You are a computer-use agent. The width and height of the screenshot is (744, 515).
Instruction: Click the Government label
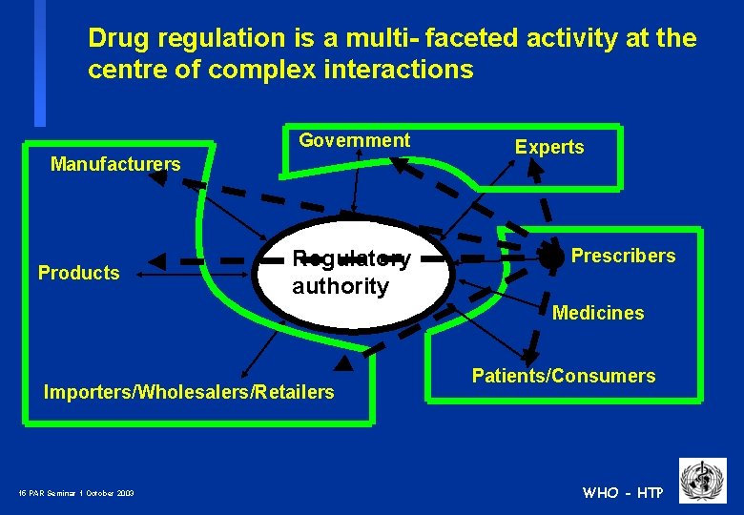tap(354, 141)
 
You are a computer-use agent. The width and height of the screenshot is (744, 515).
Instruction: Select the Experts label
tap(549, 147)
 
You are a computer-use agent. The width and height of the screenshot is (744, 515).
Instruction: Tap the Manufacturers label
tap(114, 164)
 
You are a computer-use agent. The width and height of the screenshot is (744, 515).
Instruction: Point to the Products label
tap(79, 273)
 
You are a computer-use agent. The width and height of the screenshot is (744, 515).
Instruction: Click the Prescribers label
tap(623, 256)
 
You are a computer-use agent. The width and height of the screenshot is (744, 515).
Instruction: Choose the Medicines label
tap(598, 313)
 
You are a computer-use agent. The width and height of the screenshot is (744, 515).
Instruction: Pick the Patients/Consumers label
tap(564, 376)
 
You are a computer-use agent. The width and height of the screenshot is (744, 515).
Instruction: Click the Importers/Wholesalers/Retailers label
tap(189, 392)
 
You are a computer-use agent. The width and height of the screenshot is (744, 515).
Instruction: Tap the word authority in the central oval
tap(341, 286)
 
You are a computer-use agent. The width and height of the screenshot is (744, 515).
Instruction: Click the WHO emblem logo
tap(702, 481)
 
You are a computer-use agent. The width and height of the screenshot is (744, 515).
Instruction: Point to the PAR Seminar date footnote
tap(75, 493)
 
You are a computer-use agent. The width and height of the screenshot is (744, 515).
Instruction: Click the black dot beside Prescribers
tap(550, 257)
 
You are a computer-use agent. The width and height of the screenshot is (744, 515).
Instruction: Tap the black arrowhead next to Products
tap(156, 261)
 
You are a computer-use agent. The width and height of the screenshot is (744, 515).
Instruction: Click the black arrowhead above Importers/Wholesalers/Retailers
tap(345, 362)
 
